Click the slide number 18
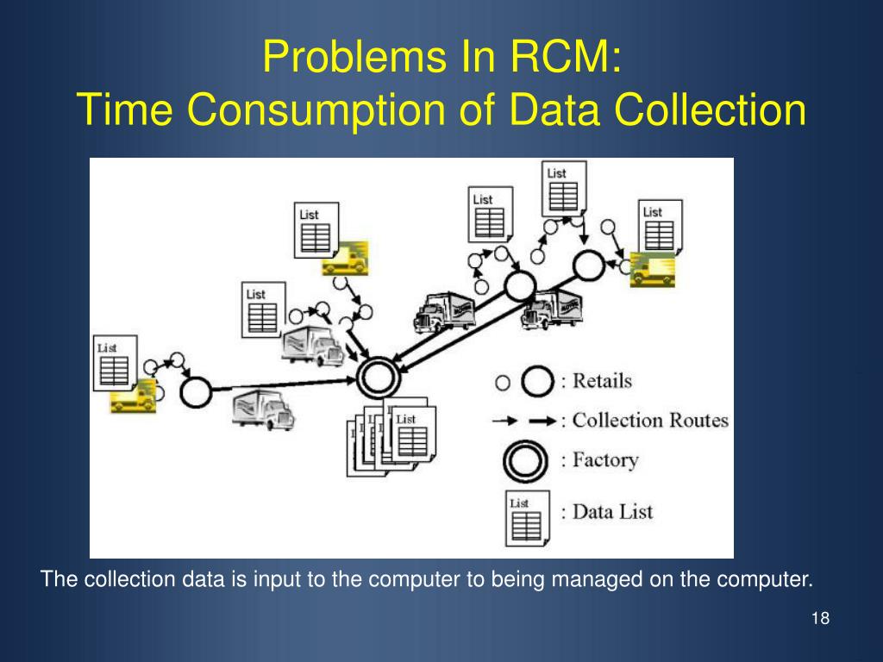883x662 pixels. tap(820, 619)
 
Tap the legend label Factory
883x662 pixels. tap(604, 459)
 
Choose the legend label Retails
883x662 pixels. tap(602, 380)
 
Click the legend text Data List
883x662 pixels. tap(613, 511)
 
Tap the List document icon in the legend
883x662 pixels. tap(523, 517)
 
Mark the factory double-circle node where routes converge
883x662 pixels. tap(378, 378)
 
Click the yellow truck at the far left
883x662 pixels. tap(133, 396)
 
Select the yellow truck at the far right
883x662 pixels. tap(652, 269)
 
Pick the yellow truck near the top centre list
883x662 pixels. tap(346, 258)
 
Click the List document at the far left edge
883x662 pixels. tap(113, 362)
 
